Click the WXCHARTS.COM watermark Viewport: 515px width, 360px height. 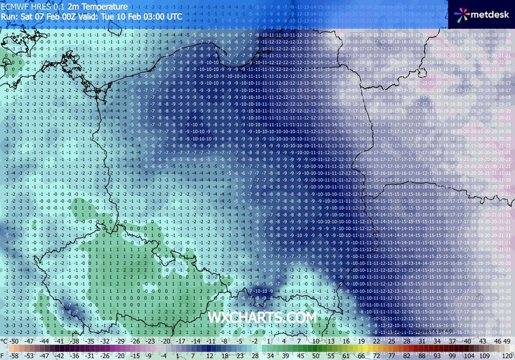[x=261, y=317]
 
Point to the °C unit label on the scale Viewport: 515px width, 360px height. [x=5, y=341]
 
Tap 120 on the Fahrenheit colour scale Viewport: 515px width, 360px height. [x=507, y=355]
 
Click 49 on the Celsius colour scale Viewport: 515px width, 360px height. [x=507, y=341]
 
